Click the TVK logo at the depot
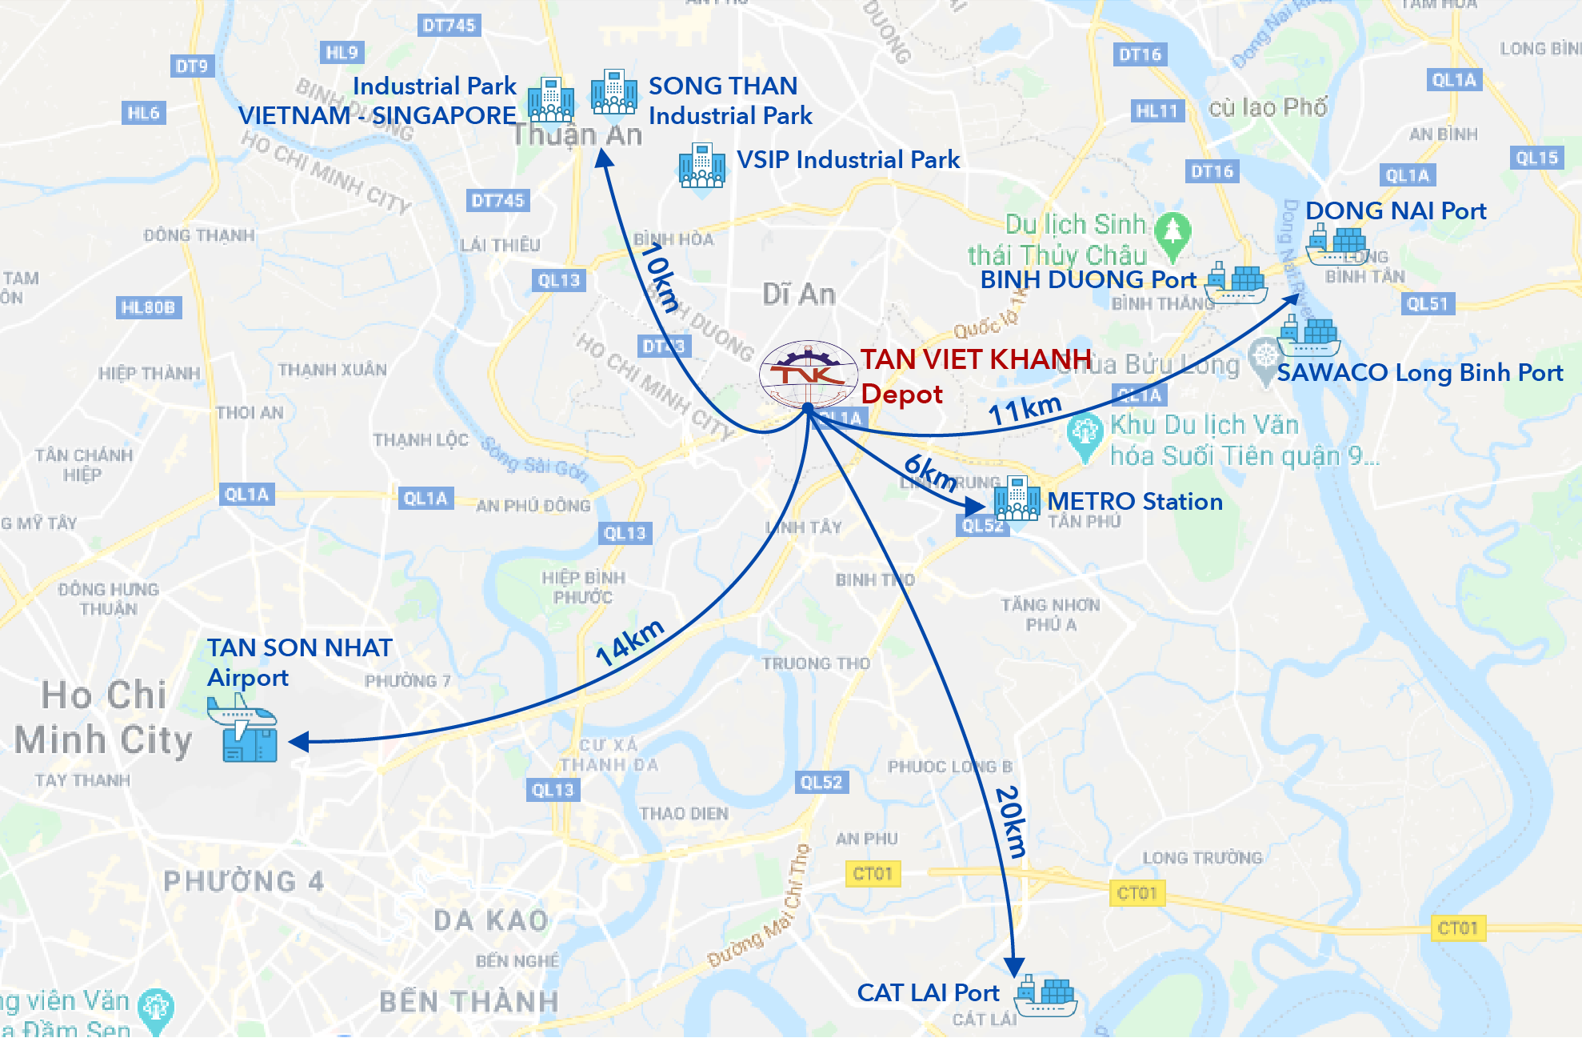click(x=808, y=374)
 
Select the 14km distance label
click(x=629, y=643)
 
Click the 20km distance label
click(x=1010, y=822)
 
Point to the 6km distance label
click(x=930, y=472)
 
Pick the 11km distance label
click(x=1025, y=410)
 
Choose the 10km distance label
click(x=661, y=277)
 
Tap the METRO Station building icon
click(x=1017, y=499)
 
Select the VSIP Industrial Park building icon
click(x=701, y=166)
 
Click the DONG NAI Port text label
click(x=1396, y=211)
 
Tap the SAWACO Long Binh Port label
click(x=1420, y=373)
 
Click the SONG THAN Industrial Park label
click(x=729, y=101)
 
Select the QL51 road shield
click(x=1428, y=304)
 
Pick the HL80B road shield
click(x=148, y=307)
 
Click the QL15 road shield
click(x=1536, y=158)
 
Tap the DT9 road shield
click(x=192, y=66)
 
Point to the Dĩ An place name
click(x=798, y=295)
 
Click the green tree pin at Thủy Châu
click(x=1173, y=235)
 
